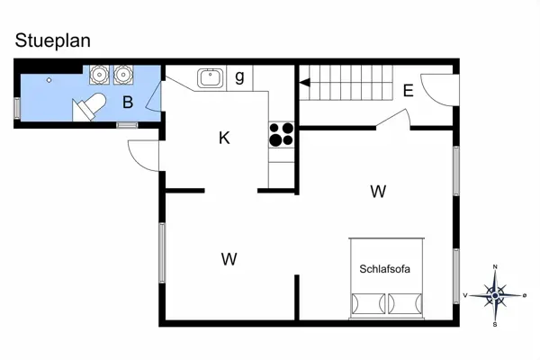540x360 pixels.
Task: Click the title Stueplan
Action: click(x=53, y=40)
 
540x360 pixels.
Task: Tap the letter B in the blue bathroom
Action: click(x=128, y=102)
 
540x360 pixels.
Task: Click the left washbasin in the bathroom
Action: click(x=99, y=75)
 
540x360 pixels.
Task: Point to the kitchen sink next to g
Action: click(x=211, y=78)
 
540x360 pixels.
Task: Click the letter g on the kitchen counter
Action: click(x=239, y=76)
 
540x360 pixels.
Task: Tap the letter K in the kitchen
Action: click(x=224, y=138)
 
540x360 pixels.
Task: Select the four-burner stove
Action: click(x=282, y=134)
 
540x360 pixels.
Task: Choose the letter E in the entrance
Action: click(x=408, y=90)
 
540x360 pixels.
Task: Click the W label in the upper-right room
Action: click(x=378, y=191)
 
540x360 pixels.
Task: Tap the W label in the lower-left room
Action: click(x=229, y=259)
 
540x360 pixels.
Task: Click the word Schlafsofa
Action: click(x=385, y=268)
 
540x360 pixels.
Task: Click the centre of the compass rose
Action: click(x=495, y=294)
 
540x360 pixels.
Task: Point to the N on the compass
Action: click(x=495, y=267)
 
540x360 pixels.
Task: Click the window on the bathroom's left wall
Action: click(x=17, y=107)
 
